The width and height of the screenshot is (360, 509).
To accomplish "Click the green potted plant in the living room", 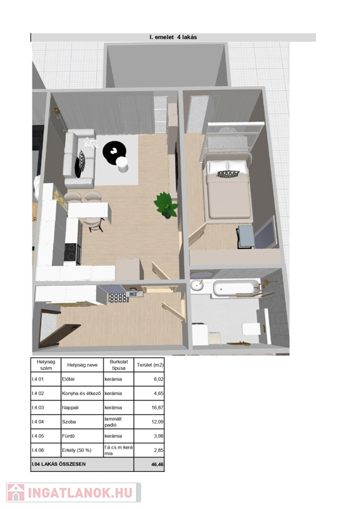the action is pos(166,205).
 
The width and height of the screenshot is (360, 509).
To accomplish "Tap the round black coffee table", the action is pos(114,151).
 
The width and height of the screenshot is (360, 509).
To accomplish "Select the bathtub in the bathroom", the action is pos(236,287).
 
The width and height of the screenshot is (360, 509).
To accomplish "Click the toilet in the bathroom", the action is pos(251,329).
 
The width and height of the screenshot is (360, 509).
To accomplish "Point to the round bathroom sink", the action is pos(197,286).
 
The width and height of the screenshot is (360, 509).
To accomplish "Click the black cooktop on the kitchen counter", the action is pos(72,252).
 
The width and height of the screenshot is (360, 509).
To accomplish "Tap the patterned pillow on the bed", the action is pos(228,174).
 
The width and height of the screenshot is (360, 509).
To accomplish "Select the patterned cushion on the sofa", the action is pos(80,163).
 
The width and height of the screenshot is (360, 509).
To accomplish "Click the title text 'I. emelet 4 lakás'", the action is pos(173,37).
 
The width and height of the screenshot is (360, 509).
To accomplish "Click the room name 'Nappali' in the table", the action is pos(70,408).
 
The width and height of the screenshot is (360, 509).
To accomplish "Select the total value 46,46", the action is pos(157,465).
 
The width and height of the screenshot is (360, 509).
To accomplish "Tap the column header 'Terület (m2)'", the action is pos(150,365).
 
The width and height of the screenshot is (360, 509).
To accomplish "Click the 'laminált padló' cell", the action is pos(113,422).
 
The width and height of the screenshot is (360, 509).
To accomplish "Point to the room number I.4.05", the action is pos(38,436).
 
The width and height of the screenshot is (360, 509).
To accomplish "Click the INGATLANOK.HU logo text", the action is pos(80,493).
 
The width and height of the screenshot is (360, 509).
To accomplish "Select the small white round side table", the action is pos(123,164).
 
